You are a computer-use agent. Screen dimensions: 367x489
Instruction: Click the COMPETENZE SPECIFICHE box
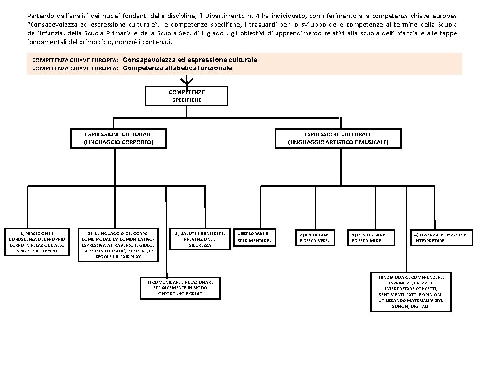tap(186, 96)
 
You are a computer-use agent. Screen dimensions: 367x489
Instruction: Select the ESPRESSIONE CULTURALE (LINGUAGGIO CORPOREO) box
tap(118, 138)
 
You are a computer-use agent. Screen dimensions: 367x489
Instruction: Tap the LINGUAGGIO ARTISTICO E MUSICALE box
tap(338, 138)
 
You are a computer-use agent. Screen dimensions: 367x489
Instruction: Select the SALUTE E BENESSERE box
tap(199, 238)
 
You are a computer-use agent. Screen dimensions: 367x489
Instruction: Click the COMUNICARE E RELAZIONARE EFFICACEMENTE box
tap(179, 287)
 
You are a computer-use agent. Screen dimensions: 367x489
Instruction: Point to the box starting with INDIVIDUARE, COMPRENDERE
tap(410, 291)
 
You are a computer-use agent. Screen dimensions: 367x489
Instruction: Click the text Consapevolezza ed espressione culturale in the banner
tap(190, 60)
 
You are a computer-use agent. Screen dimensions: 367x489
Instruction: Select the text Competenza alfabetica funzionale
tap(177, 68)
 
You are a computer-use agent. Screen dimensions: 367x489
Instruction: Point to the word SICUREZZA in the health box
tap(200, 245)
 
